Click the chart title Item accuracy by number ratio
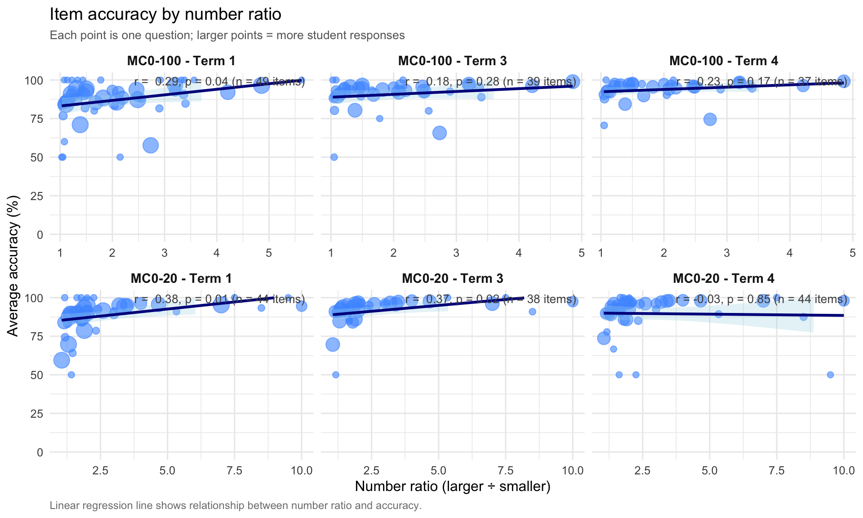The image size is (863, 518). [x=165, y=14]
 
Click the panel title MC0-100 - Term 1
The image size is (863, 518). [x=181, y=61]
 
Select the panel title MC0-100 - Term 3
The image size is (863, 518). [x=452, y=61]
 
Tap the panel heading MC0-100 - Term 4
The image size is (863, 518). [x=724, y=61]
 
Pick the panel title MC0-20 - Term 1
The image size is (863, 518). [x=181, y=278]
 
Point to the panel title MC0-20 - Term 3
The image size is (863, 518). [x=452, y=278]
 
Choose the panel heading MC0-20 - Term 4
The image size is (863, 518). [x=724, y=278]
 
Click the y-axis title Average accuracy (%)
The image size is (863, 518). [x=13, y=266]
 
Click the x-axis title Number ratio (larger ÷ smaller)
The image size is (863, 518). [x=452, y=486]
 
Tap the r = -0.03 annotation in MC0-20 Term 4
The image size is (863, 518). [x=761, y=299]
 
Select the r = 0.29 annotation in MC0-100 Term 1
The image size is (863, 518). [x=219, y=82]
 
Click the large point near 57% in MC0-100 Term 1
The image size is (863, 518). [x=151, y=145]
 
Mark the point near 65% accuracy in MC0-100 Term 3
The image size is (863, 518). [x=440, y=133]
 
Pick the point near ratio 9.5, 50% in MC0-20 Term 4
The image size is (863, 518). [x=830, y=375]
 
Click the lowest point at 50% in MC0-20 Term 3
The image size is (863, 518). [x=335, y=375]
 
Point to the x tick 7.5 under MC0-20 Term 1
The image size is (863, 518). [x=234, y=471]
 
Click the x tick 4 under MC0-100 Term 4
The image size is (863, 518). [x=789, y=253]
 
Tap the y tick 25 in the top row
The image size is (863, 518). [x=37, y=196]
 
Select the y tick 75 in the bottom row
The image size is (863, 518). [x=37, y=336]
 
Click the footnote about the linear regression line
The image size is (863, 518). [x=236, y=505]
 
